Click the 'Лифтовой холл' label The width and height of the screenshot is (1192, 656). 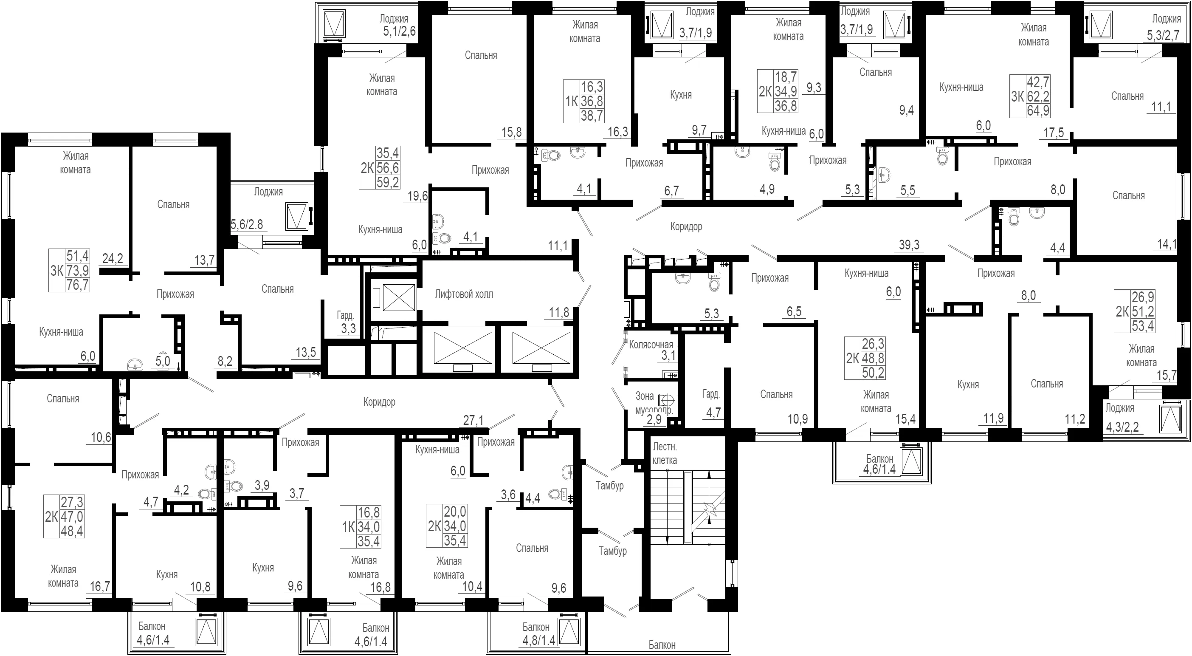coord(464,294)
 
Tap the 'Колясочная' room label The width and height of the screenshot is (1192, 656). coord(651,345)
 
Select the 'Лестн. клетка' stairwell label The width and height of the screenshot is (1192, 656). coord(665,453)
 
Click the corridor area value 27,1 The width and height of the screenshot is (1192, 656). coord(473,420)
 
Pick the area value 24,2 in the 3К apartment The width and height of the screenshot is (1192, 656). coord(113,258)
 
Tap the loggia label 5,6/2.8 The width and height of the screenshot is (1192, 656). coord(247,224)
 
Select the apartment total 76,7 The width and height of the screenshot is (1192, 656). coord(78,284)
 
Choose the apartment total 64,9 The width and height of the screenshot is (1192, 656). coord(1038,110)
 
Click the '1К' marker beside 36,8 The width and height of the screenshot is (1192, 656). coord(572,101)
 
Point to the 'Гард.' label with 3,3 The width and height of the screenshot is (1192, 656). coord(345,316)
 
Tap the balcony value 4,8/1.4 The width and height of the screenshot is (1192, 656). coord(538,641)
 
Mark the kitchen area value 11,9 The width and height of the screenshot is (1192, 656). coord(994,418)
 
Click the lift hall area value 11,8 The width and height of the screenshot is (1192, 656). coord(559,312)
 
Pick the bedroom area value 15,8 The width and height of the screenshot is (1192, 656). coord(512,133)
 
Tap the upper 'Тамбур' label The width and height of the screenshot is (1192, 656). coord(609,486)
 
